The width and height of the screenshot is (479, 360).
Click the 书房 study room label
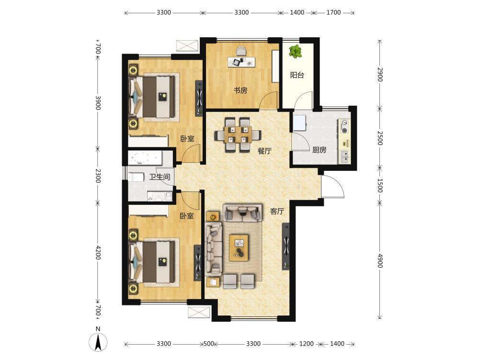pos(240,90)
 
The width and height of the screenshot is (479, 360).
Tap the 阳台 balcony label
pos(297,75)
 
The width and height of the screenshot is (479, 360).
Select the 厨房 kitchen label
pos(319,150)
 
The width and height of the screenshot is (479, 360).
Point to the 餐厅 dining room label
pos(264,151)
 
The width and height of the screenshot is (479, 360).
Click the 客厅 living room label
pos(277,211)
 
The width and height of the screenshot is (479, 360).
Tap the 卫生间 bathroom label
pos(160,177)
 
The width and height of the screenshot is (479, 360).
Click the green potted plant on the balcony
pos(295,51)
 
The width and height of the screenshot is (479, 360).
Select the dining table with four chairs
pos(238,135)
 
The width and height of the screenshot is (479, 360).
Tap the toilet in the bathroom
pos(136,177)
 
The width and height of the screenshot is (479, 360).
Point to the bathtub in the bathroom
pos(146,157)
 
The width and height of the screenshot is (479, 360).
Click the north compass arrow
pos(98,342)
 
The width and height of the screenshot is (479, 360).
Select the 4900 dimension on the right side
pos(380,260)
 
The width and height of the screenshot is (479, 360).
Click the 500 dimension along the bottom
pos(209,344)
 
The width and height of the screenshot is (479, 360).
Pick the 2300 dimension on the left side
pos(98,176)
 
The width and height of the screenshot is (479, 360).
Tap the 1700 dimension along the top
pos(333,12)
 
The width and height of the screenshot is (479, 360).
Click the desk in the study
pos(241,62)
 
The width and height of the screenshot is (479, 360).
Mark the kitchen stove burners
pos(344,127)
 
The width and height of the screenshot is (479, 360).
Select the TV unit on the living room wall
pos(286,246)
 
